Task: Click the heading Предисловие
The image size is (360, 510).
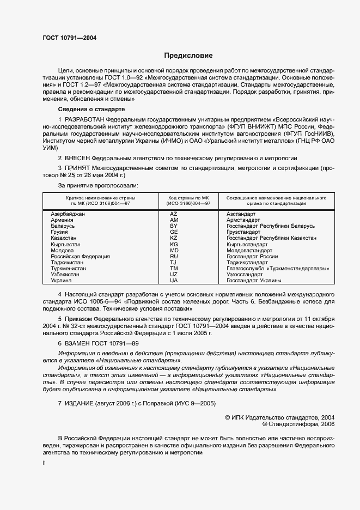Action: [x=188, y=56]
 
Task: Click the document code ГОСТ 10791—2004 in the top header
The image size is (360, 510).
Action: [x=70, y=38]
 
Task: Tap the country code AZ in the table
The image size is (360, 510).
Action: [x=174, y=214]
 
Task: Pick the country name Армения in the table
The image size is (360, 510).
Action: [x=62, y=220]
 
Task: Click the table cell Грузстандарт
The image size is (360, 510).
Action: [x=243, y=232]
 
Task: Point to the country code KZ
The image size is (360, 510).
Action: [x=174, y=238]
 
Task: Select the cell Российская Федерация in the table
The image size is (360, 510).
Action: [x=80, y=256]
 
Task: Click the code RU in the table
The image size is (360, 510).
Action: [x=174, y=256]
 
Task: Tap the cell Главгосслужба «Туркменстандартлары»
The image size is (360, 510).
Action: [x=278, y=268]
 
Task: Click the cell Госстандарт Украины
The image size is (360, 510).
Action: [x=254, y=281]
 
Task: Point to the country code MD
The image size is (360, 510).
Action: [x=174, y=250]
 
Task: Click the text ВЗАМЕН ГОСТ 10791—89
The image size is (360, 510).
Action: [x=101, y=343]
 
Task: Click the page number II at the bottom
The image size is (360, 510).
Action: [x=45, y=463]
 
